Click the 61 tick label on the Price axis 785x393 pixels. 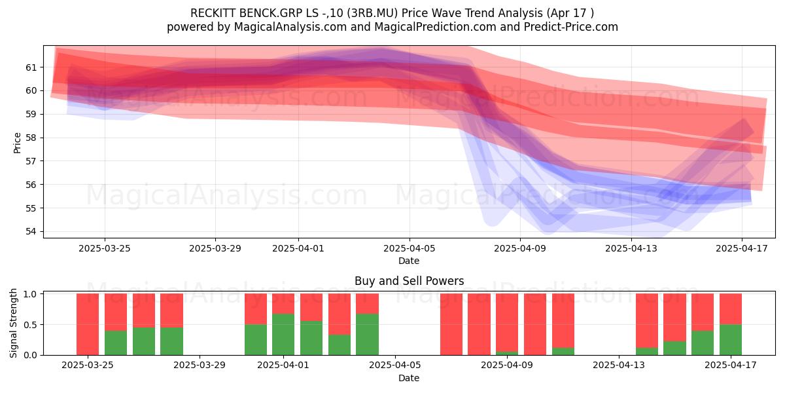pos(31,67)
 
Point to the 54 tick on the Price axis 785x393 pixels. pos(31,232)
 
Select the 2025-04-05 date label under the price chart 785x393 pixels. pos(410,248)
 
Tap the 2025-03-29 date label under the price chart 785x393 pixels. pos(215,248)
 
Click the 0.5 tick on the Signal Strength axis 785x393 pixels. pos(30,325)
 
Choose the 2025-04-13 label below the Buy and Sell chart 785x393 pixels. pos(619,365)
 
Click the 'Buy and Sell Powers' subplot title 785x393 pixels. pos(409,281)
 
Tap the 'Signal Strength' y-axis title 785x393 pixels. pos(13,323)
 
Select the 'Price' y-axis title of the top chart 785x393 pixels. pos(17,143)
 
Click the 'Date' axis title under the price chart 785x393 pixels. pos(409,261)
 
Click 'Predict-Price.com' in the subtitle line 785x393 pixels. pos(571,27)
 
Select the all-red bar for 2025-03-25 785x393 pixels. pos(88,324)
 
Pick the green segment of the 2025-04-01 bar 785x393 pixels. pos(283,335)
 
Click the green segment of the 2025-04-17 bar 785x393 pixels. pos(731,340)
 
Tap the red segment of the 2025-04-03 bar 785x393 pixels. pos(340,314)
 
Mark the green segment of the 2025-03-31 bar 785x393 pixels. pos(256,340)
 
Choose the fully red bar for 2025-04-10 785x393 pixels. pos(535,324)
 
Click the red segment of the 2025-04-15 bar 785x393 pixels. pos(674,318)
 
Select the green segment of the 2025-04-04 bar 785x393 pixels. pos(367,335)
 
